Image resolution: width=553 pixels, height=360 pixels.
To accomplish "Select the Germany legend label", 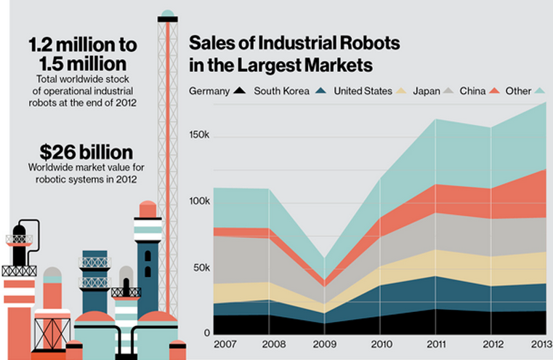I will coord(209,92).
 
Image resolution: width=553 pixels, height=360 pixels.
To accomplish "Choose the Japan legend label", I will coord(427,92).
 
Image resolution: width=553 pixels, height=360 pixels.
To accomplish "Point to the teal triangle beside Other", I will coord(539,92).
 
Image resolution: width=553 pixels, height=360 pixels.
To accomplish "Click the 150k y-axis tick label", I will coord(200,136).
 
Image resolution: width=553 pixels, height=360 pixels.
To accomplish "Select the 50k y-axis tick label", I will coord(202,268).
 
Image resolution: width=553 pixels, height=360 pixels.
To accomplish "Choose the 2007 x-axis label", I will coord(225,344).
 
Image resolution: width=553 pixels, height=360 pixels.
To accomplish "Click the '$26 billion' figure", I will coord(86,153).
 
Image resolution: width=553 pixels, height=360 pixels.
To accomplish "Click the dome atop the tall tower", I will coord(168,14).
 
